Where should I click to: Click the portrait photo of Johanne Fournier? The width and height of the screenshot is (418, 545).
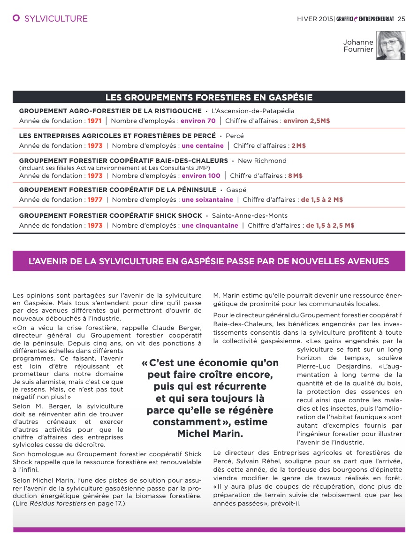(390, 46)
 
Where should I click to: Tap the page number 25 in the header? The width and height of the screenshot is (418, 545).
(401, 19)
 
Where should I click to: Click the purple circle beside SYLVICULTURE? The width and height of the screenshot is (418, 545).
(16, 18)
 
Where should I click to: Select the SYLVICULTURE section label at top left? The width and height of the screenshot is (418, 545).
(56, 19)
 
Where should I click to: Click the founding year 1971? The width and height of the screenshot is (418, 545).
(95, 121)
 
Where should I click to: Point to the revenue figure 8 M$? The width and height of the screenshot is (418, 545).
(295, 176)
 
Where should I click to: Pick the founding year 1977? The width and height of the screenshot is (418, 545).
(95, 200)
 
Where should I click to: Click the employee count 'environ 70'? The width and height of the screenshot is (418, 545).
(198, 121)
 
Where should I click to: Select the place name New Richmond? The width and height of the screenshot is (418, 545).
(262, 161)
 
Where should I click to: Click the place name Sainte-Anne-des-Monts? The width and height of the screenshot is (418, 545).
(250, 216)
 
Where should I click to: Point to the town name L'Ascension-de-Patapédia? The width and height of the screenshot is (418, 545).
(253, 111)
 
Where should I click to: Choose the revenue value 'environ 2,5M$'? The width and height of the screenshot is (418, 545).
(306, 121)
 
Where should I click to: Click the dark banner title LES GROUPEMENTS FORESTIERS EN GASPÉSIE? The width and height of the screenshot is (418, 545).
(209, 97)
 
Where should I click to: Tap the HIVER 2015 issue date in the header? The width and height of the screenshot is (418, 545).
(315, 19)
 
